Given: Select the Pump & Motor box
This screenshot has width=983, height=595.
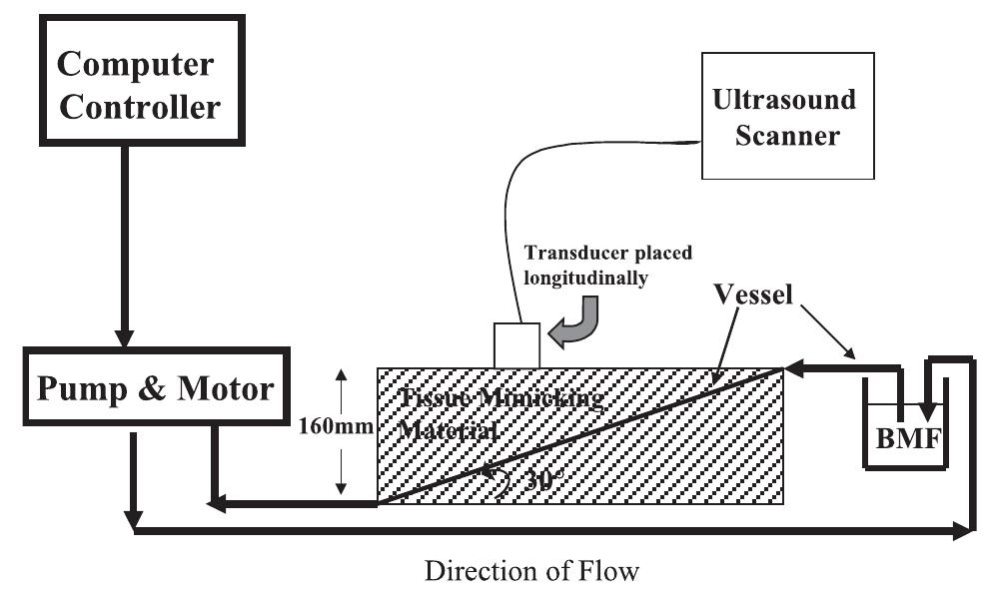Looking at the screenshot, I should (154, 388).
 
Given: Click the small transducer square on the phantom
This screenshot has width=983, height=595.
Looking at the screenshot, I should (516, 345).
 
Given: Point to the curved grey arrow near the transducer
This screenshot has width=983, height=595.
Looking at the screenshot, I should (579, 326).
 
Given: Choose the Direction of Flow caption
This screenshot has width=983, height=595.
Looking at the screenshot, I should (530, 572).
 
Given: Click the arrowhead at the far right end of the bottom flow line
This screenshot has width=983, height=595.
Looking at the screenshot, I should (965, 531).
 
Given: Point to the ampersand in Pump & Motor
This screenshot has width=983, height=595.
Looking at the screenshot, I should (149, 388).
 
